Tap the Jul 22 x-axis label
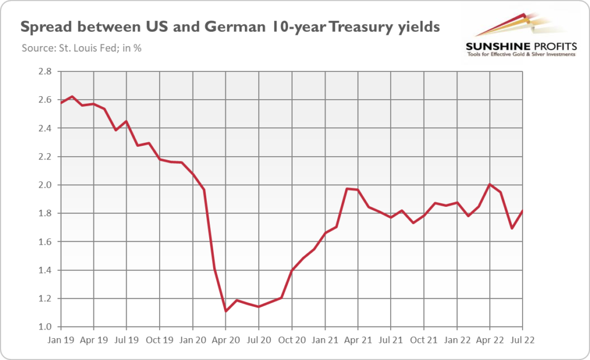click(522, 340)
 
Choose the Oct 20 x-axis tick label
click(292, 340)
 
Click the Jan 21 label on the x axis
click(324, 340)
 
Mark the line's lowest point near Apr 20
click(225, 312)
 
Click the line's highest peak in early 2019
click(71, 96)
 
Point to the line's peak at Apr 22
click(489, 184)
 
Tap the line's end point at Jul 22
click(522, 211)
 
